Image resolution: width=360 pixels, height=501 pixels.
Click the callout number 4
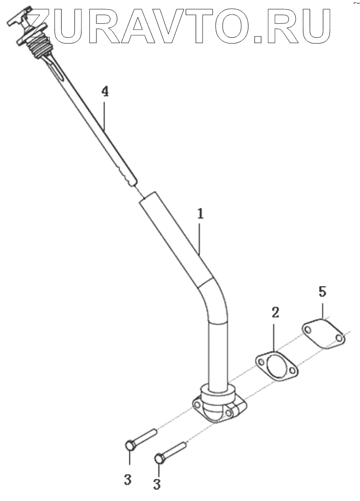click(105, 92)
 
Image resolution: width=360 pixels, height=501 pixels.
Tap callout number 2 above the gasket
click(275, 312)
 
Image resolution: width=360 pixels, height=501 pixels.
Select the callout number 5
click(323, 291)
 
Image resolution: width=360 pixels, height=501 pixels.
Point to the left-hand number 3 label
click(128, 480)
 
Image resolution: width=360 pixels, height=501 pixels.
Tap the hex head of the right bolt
click(160, 458)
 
